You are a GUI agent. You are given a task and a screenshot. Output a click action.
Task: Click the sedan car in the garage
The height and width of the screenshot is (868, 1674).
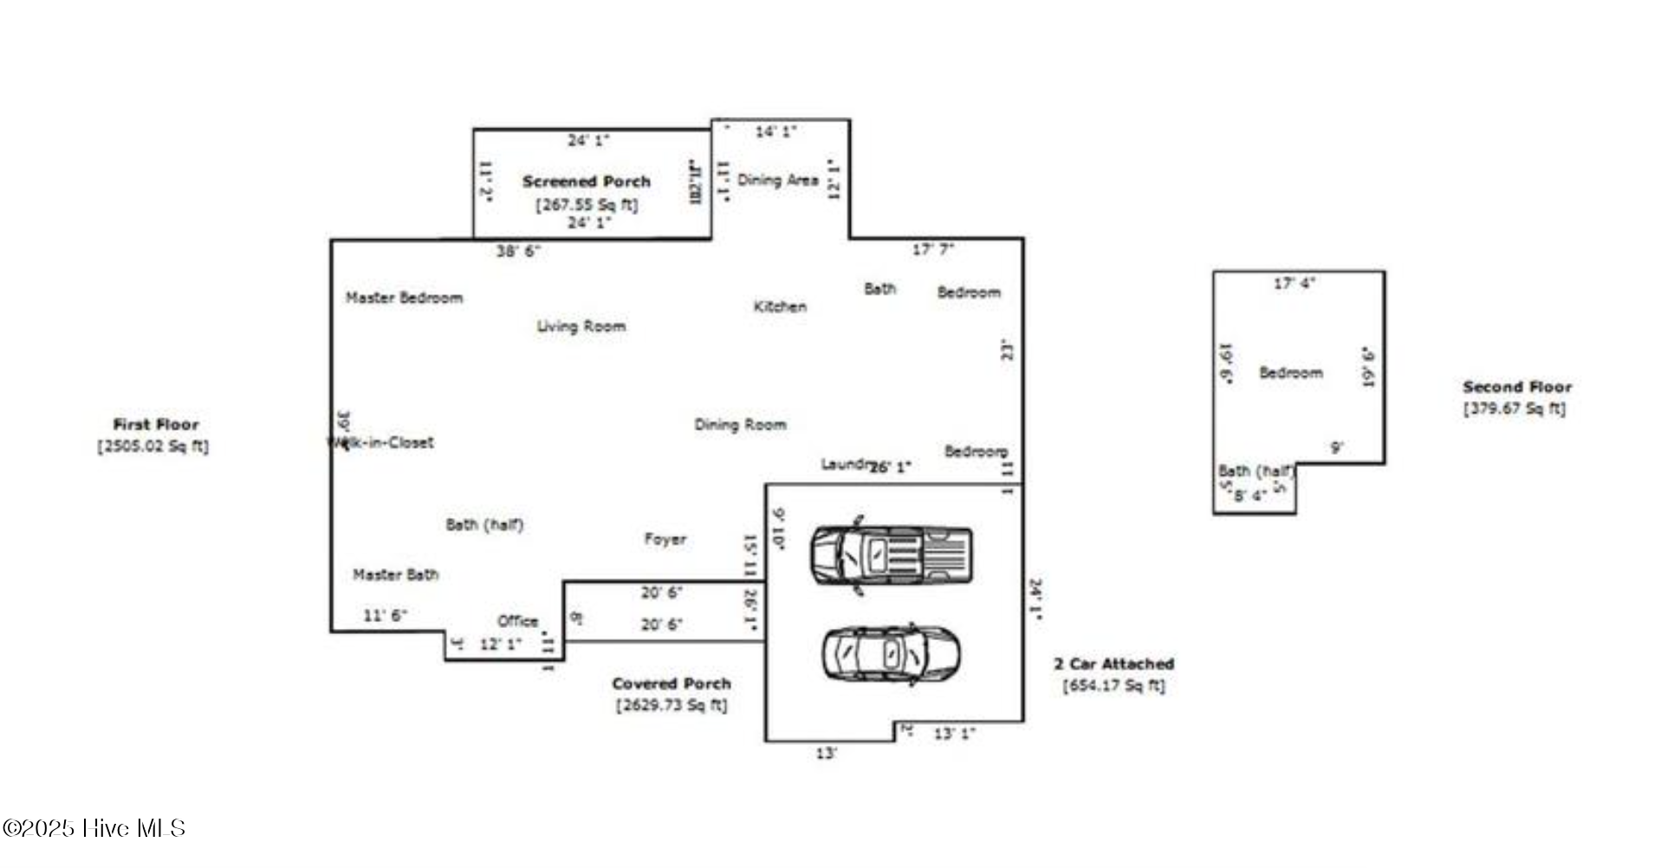pyautogui.click(x=891, y=653)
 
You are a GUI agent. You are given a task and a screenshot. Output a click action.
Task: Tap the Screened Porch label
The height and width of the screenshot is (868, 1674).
pyautogui.click(x=587, y=182)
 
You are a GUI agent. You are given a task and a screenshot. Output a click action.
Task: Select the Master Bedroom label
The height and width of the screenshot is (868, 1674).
pyautogui.click(x=405, y=298)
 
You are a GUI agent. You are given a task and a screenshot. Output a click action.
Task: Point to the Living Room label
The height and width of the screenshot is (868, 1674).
pyautogui.click(x=581, y=327)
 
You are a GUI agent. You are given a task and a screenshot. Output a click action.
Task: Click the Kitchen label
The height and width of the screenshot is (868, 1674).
pyautogui.click(x=780, y=307)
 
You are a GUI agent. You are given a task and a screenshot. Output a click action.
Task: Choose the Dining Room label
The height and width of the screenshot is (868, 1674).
pyautogui.click(x=741, y=424)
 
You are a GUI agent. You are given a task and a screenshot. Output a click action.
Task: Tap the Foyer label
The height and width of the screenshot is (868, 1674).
pyautogui.click(x=665, y=539)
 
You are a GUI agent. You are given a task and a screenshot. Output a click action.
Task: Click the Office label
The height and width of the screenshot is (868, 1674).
pyautogui.click(x=518, y=621)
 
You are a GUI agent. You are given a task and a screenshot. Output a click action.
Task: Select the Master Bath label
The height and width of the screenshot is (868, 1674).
pyautogui.click(x=396, y=574)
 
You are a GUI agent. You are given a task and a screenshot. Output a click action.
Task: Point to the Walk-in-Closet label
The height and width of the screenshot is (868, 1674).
pyautogui.click(x=381, y=443)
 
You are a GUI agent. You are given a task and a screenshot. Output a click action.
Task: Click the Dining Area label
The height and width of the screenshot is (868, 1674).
pyautogui.click(x=778, y=180)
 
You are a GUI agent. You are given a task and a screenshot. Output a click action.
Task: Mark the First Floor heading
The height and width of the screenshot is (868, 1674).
pyautogui.click(x=156, y=424)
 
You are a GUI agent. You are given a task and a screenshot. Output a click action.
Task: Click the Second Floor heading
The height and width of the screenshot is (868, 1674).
pyautogui.click(x=1517, y=387)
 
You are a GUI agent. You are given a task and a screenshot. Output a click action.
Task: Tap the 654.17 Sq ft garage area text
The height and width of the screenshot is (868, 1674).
pyautogui.click(x=1114, y=686)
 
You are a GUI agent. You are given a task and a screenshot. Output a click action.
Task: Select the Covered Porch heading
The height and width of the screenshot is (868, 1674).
pyautogui.click(x=672, y=683)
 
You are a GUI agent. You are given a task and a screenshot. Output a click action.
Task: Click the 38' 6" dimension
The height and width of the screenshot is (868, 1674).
pyautogui.click(x=518, y=251)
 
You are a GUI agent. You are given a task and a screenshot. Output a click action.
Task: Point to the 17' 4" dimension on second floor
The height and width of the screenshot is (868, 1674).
pyautogui.click(x=1294, y=283)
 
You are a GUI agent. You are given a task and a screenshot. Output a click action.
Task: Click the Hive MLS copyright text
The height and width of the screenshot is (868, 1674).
pyautogui.click(x=94, y=828)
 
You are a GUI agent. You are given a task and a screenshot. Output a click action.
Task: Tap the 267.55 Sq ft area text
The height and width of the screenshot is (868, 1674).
pyautogui.click(x=587, y=204)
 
